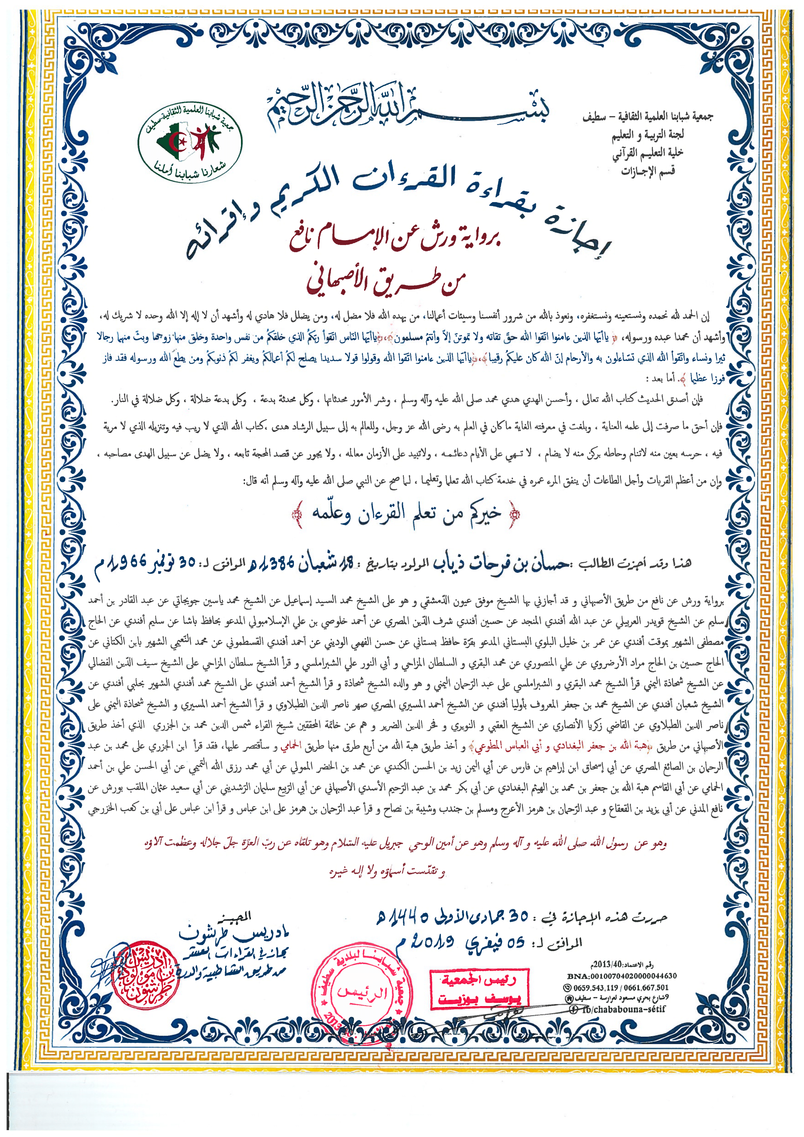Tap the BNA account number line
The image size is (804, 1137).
(622, 976)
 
